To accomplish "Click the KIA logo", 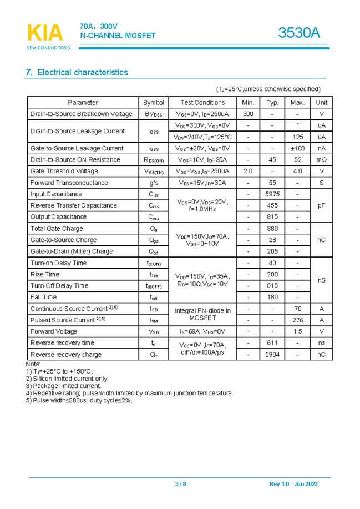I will tap(45, 34).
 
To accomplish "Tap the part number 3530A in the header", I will tap(299, 33).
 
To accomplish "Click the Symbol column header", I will tap(154, 102).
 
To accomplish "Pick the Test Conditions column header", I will tap(202, 102).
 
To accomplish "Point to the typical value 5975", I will tap(272, 194).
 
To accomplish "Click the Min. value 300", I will tap(248, 114).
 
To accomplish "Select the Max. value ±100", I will tap(298, 148).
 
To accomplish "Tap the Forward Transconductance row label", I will tap(69, 183).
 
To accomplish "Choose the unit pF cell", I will tap(321, 205).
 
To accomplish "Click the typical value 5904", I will tap(272, 354).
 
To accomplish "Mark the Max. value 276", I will tap(298, 320).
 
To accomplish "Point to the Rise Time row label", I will tap(45, 274).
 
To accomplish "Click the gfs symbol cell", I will tap(154, 183).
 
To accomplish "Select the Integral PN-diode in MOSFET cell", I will tap(202, 314).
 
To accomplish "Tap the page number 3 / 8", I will tap(181, 484).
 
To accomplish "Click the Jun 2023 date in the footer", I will tap(306, 484).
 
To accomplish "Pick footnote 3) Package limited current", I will tap(63, 386).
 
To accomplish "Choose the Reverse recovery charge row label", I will tap(66, 354).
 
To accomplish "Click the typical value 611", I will tap(272, 342).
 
